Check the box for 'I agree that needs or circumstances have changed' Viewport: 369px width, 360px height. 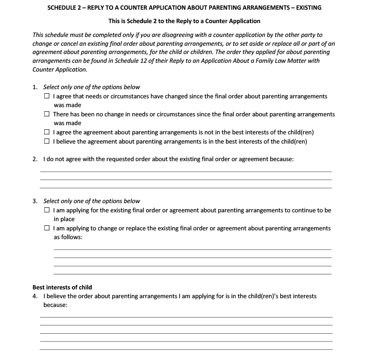click(x=47, y=96)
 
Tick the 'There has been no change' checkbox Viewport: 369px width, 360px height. click(x=47, y=114)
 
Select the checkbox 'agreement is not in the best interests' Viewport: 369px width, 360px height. click(x=47, y=132)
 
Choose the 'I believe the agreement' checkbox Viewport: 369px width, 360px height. click(x=47, y=141)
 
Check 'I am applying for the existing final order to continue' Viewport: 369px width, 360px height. click(x=47, y=210)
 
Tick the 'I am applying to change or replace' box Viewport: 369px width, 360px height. click(x=47, y=228)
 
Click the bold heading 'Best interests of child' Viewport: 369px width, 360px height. click(x=62, y=287)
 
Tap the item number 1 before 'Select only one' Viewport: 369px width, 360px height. click(x=35, y=87)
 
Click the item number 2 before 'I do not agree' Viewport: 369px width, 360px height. click(x=35, y=159)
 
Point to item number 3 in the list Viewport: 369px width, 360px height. click(x=35, y=201)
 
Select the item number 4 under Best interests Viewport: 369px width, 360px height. click(x=35, y=296)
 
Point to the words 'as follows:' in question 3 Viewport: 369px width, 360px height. click(x=68, y=237)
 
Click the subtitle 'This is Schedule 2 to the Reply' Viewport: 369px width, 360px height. click(x=184, y=21)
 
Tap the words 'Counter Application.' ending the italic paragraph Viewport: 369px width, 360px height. click(x=60, y=70)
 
